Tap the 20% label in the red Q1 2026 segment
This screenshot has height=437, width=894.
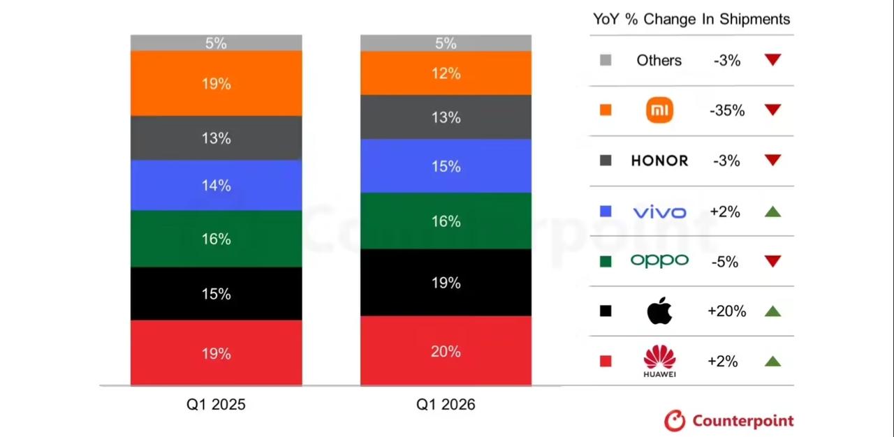coord(446,351)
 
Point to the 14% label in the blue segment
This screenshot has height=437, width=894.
coord(216,186)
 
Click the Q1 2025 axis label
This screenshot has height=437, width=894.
coord(216,405)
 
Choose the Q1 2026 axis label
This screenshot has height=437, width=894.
coord(446,405)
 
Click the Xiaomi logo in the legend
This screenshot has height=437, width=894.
coord(659,110)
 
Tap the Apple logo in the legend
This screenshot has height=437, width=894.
coord(659,311)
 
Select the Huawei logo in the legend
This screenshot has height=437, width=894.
coord(659,360)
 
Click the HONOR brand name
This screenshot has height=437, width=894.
coord(659,161)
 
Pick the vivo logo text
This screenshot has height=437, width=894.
coord(659,212)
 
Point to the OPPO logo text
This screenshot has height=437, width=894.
coord(659,260)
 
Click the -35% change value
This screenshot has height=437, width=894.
coord(727,110)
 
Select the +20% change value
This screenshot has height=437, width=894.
coord(726,311)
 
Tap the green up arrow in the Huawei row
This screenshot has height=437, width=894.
coord(772,361)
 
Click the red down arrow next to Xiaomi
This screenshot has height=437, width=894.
coord(772,110)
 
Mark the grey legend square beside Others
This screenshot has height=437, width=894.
coord(606,61)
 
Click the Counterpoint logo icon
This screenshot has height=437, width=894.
coord(675,420)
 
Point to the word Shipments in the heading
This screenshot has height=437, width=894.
coord(755,19)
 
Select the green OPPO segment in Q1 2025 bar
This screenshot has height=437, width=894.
coord(216,239)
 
